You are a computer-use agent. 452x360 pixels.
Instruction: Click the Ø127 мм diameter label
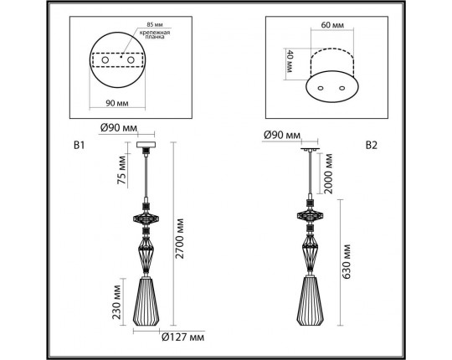pyautogui.click(x=182, y=339)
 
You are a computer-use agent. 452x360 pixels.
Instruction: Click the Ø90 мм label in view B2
pyautogui.click(x=281, y=134)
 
